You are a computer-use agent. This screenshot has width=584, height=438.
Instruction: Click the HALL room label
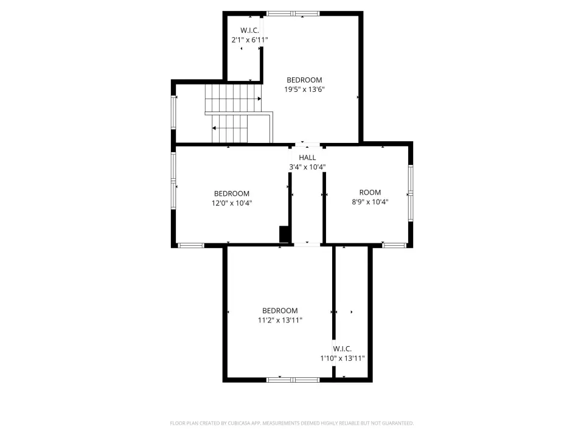(x=307, y=158)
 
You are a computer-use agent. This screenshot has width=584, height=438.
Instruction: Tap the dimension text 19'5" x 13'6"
(x=304, y=89)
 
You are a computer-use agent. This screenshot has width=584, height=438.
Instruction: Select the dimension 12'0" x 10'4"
(x=232, y=203)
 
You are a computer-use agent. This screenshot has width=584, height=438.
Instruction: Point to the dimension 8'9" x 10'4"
(x=370, y=202)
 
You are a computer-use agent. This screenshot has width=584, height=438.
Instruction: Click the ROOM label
(x=370, y=193)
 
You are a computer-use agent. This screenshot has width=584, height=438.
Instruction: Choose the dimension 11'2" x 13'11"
(x=280, y=320)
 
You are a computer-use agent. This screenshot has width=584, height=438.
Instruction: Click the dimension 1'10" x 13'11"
(x=342, y=358)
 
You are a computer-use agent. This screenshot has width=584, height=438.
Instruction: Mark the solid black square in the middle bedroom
(x=284, y=234)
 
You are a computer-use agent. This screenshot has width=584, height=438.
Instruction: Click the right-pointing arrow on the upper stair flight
(x=259, y=99)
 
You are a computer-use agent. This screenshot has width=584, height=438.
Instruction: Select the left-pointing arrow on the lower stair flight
(x=214, y=128)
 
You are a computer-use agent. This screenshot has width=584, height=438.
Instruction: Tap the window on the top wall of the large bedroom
(x=293, y=14)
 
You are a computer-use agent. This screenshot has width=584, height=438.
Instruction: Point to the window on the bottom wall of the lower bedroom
(x=293, y=380)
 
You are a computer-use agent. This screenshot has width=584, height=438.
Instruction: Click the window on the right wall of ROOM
(x=411, y=193)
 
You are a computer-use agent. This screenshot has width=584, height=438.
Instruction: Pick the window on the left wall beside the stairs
(x=173, y=113)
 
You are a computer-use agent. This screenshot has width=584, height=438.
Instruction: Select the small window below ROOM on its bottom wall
(x=394, y=245)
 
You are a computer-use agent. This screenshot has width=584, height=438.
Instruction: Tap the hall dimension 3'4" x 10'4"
(x=307, y=167)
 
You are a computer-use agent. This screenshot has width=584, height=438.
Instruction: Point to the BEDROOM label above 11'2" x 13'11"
(x=280, y=311)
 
